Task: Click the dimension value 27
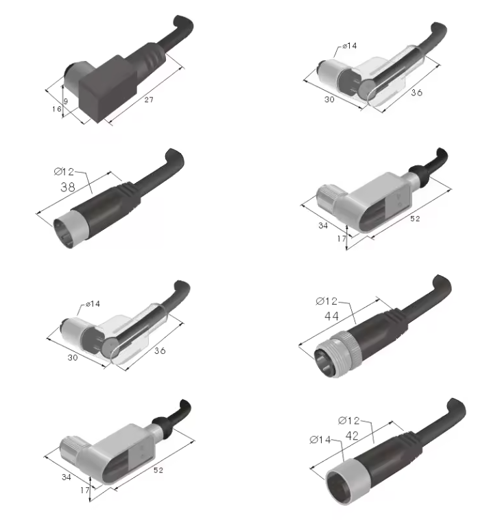pos(149,99)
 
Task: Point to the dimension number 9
pos(66,101)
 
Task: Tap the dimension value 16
pos(57,109)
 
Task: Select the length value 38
pos(68,187)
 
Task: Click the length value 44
pos(331,316)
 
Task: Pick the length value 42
pos(352,436)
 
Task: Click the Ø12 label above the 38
pos(64,172)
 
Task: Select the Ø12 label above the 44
pos(326,301)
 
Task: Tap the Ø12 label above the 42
pos(349,421)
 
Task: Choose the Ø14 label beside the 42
pos(320,440)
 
